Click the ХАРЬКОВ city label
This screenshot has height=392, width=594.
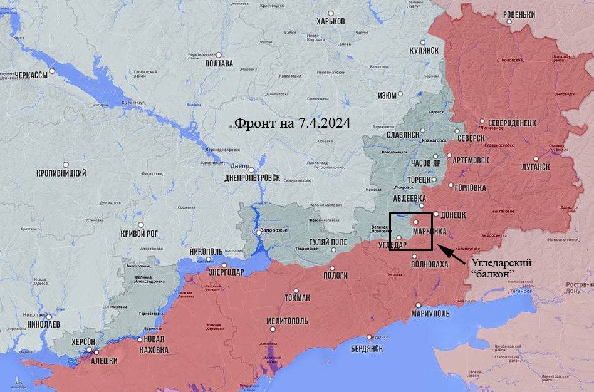331,21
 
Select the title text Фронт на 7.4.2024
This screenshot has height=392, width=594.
292,123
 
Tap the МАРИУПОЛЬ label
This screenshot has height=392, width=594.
434,313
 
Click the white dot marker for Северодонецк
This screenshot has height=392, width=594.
482,121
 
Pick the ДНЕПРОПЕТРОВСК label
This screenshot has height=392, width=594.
252,178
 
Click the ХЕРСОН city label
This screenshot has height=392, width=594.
83,341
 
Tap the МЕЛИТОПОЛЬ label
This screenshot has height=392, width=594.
287,321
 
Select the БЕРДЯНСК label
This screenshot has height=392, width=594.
367,348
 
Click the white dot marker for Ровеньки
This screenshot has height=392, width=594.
509,21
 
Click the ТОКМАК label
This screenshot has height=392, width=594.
297,297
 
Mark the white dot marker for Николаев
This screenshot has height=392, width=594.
49,316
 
